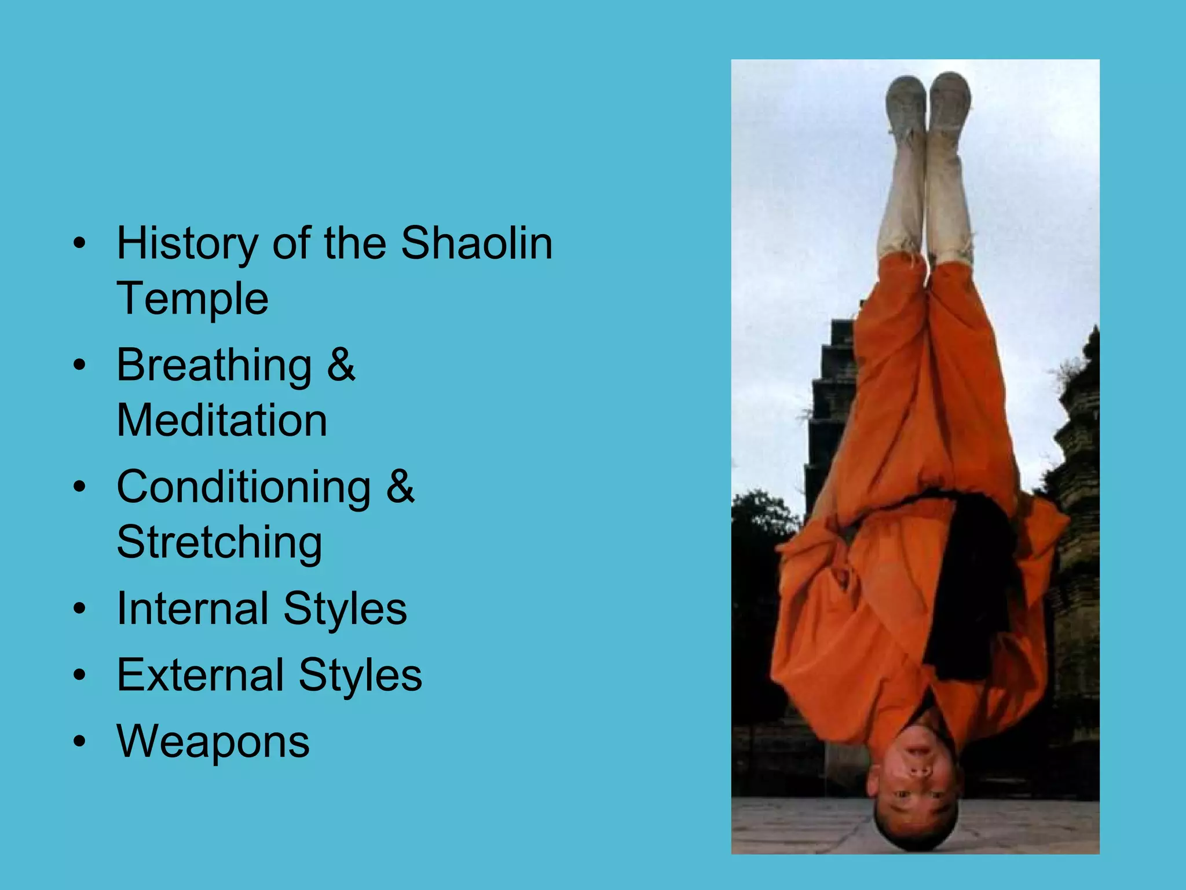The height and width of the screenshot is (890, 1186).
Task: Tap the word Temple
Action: coord(193,299)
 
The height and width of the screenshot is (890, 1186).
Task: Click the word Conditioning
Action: coord(244,487)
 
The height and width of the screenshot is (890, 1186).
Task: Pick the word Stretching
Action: coord(219,543)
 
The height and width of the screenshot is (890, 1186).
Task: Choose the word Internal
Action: coord(192,608)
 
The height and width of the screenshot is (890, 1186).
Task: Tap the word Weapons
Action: coord(213,742)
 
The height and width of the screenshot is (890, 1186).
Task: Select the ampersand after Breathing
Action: coord(341,365)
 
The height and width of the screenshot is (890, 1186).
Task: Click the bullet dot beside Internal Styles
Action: coord(80,608)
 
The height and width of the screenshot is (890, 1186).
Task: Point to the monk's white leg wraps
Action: coord(927,203)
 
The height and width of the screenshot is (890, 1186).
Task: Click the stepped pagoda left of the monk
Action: coord(831,406)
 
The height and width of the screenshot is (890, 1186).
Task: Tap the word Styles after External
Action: coord(360,675)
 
